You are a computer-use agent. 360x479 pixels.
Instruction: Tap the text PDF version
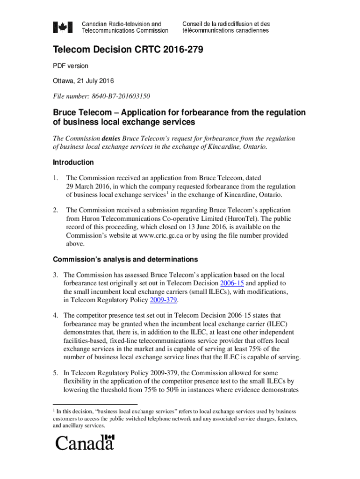point(70,66)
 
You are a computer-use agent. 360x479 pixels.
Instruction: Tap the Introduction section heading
point(73,162)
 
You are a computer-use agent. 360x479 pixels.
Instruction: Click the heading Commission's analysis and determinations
point(125,259)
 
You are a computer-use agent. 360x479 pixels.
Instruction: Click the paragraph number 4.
point(55,316)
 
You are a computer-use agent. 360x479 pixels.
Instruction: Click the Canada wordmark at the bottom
point(85,442)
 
